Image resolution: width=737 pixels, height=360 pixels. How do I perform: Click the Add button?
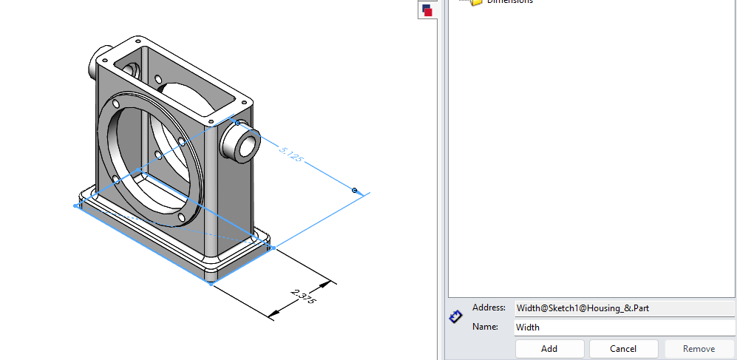click(x=549, y=348)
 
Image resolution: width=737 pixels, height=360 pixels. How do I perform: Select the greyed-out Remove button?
click(x=699, y=348)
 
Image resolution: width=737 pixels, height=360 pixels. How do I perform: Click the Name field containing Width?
click(x=625, y=327)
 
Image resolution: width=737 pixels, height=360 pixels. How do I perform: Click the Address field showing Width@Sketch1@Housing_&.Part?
click(x=625, y=308)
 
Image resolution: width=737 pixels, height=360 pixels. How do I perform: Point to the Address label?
click(x=489, y=308)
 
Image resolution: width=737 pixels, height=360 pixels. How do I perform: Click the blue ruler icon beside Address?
click(x=456, y=317)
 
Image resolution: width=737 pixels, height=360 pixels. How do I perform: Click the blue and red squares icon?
click(x=427, y=10)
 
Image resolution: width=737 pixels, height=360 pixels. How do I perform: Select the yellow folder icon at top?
click(x=476, y=2)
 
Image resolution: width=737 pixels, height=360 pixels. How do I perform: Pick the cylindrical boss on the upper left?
click(x=98, y=62)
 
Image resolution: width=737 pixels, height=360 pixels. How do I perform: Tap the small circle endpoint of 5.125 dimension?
click(x=355, y=191)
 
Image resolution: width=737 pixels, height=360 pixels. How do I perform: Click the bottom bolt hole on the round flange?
click(x=180, y=217)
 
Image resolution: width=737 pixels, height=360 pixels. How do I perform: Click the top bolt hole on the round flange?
click(x=157, y=79)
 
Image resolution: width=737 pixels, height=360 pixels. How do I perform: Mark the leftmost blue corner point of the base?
click(x=78, y=206)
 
